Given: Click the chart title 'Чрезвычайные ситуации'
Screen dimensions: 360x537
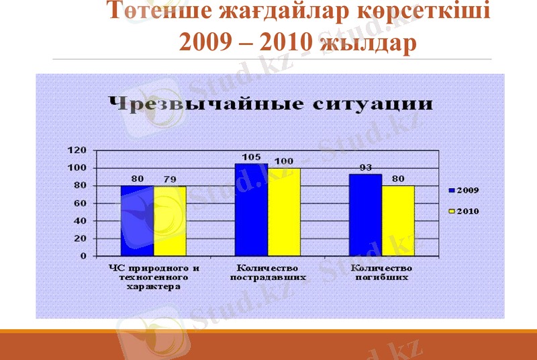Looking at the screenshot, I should coord(270,105).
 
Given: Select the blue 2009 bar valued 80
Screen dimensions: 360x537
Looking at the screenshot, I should coord(137,221).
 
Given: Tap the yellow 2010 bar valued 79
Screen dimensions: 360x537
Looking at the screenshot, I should coord(170,221).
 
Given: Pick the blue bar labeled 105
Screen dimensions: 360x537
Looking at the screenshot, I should coord(251,210).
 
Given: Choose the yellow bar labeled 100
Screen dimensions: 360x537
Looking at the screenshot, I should coord(284,212).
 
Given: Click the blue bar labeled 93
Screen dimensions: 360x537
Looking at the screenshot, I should coord(365,215).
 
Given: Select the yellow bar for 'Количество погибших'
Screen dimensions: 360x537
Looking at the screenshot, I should coord(398,221).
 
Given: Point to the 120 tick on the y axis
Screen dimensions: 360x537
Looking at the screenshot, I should coord(79,150).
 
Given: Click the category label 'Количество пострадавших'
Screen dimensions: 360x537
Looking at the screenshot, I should coord(268,272).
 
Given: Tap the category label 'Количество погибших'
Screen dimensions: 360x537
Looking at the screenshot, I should coord(381,272).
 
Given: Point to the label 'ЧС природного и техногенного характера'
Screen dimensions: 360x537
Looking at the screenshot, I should coord(154,277).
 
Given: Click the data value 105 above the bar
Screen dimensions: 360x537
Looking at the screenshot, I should coord(251,157).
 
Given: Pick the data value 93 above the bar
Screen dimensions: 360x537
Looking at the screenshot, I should coord(365,168).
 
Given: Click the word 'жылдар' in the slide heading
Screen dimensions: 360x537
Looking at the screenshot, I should coord(369,43).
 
